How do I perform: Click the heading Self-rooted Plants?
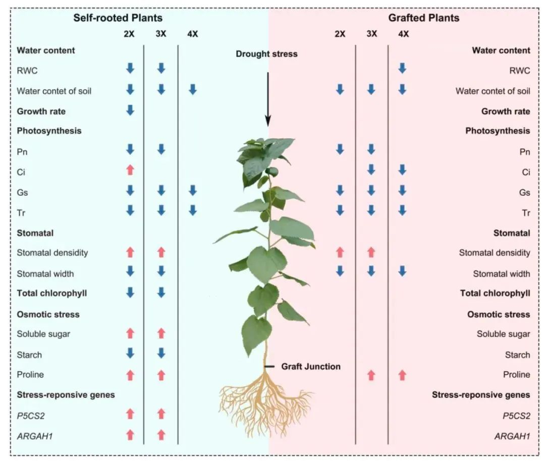[x=118, y=18]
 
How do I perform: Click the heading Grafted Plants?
[x=424, y=18]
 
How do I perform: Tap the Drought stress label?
[x=266, y=54]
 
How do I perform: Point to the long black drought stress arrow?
[x=268, y=98]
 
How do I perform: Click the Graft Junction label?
[x=311, y=367]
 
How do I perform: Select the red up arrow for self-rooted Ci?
[x=130, y=170]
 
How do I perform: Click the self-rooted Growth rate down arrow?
[x=130, y=110]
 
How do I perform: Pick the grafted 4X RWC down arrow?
[x=402, y=68]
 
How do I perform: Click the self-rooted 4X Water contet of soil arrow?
[x=192, y=90]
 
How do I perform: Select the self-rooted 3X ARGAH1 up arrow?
[x=161, y=434]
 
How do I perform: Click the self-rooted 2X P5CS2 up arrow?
[x=130, y=414]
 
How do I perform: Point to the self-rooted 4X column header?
[x=192, y=34]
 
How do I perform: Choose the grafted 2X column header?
[x=340, y=34]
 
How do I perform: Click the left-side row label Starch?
[x=29, y=355]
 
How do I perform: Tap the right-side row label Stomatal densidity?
[x=495, y=253]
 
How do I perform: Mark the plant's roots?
[x=265, y=404]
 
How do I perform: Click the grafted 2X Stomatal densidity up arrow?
[x=340, y=252]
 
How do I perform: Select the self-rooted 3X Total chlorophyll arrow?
[x=161, y=293]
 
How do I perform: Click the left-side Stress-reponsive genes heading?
[x=66, y=395]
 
